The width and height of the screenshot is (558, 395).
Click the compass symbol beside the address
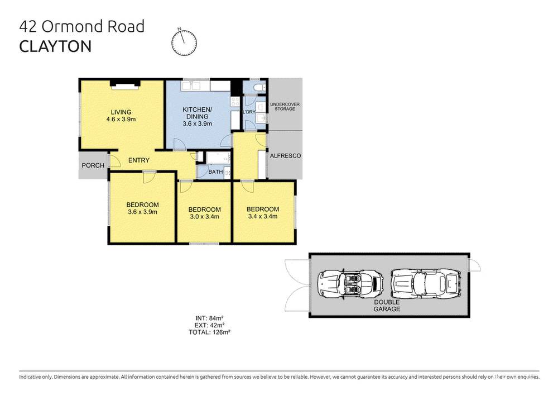[184, 42]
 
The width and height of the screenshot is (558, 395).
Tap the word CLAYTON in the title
[55, 47]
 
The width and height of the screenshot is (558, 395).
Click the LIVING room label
[121, 112]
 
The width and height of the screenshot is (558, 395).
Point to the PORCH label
[93, 165]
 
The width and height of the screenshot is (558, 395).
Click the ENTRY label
[139, 160]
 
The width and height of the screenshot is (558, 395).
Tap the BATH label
[215, 172]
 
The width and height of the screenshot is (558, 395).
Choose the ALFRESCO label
[285, 156]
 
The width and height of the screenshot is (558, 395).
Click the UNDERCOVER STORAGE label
[285, 107]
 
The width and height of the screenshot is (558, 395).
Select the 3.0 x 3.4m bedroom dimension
[205, 217]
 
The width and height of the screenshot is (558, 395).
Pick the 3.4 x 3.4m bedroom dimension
[263, 216]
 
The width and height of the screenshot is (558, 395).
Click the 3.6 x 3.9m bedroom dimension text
[142, 212]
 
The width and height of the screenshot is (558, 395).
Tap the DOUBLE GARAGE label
[387, 306]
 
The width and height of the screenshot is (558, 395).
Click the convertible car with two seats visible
[350, 284]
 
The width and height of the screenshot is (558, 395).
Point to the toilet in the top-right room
[259, 88]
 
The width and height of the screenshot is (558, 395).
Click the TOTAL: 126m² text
[210, 332]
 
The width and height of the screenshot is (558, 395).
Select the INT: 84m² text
[209, 318]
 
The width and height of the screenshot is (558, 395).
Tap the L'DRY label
[249, 112]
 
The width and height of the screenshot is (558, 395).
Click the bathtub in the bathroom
[218, 158]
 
